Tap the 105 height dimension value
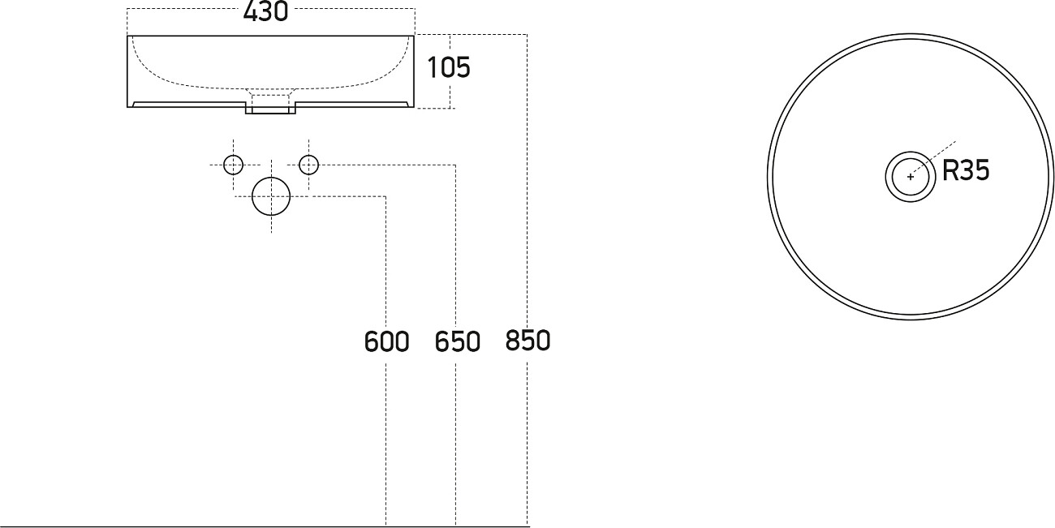449,67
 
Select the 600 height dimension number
386,341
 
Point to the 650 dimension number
457,341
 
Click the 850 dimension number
527,341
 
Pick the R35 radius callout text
966,171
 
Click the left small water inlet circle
234,165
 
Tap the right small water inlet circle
308,165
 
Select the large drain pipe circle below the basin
271,196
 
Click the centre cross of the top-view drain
911,176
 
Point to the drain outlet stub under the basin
270,106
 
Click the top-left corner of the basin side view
128,36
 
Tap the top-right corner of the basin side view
414,36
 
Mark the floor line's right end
529,526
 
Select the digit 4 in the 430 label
251,12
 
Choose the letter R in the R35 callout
949,171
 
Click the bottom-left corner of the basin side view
128,106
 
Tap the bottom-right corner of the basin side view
414,106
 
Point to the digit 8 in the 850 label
513,341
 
